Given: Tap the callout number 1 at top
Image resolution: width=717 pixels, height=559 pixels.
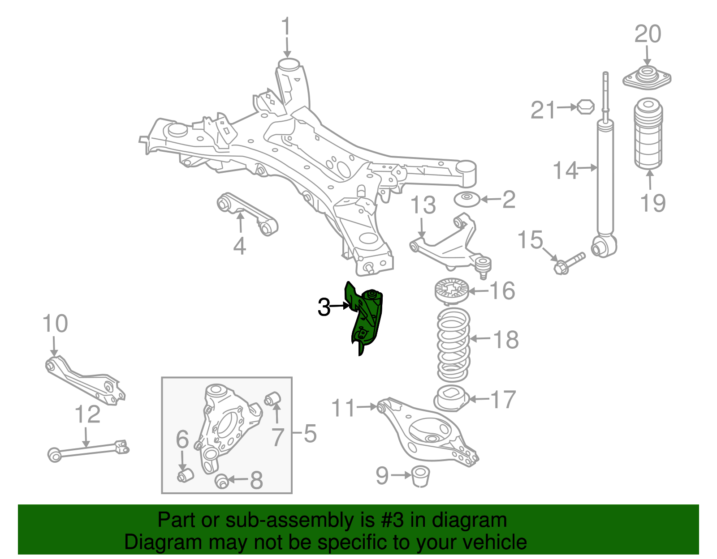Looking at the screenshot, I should pos(286,28).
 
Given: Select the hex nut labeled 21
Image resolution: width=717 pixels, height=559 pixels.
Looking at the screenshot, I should pos(585,107).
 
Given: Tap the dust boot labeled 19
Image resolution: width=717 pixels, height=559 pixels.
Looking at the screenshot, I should pos(648,134).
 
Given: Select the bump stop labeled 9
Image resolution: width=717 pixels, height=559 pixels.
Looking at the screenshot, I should pos(420,476).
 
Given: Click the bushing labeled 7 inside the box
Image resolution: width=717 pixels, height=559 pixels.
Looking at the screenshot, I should pos(273,398).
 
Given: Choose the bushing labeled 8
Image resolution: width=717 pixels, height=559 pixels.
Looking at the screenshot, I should pos(222,481).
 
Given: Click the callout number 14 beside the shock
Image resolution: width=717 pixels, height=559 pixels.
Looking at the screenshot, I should pos(566,171).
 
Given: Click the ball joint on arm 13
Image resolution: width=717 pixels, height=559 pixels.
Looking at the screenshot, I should pos(483,264).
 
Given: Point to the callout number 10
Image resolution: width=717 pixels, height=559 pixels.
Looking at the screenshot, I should pos(55,324).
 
